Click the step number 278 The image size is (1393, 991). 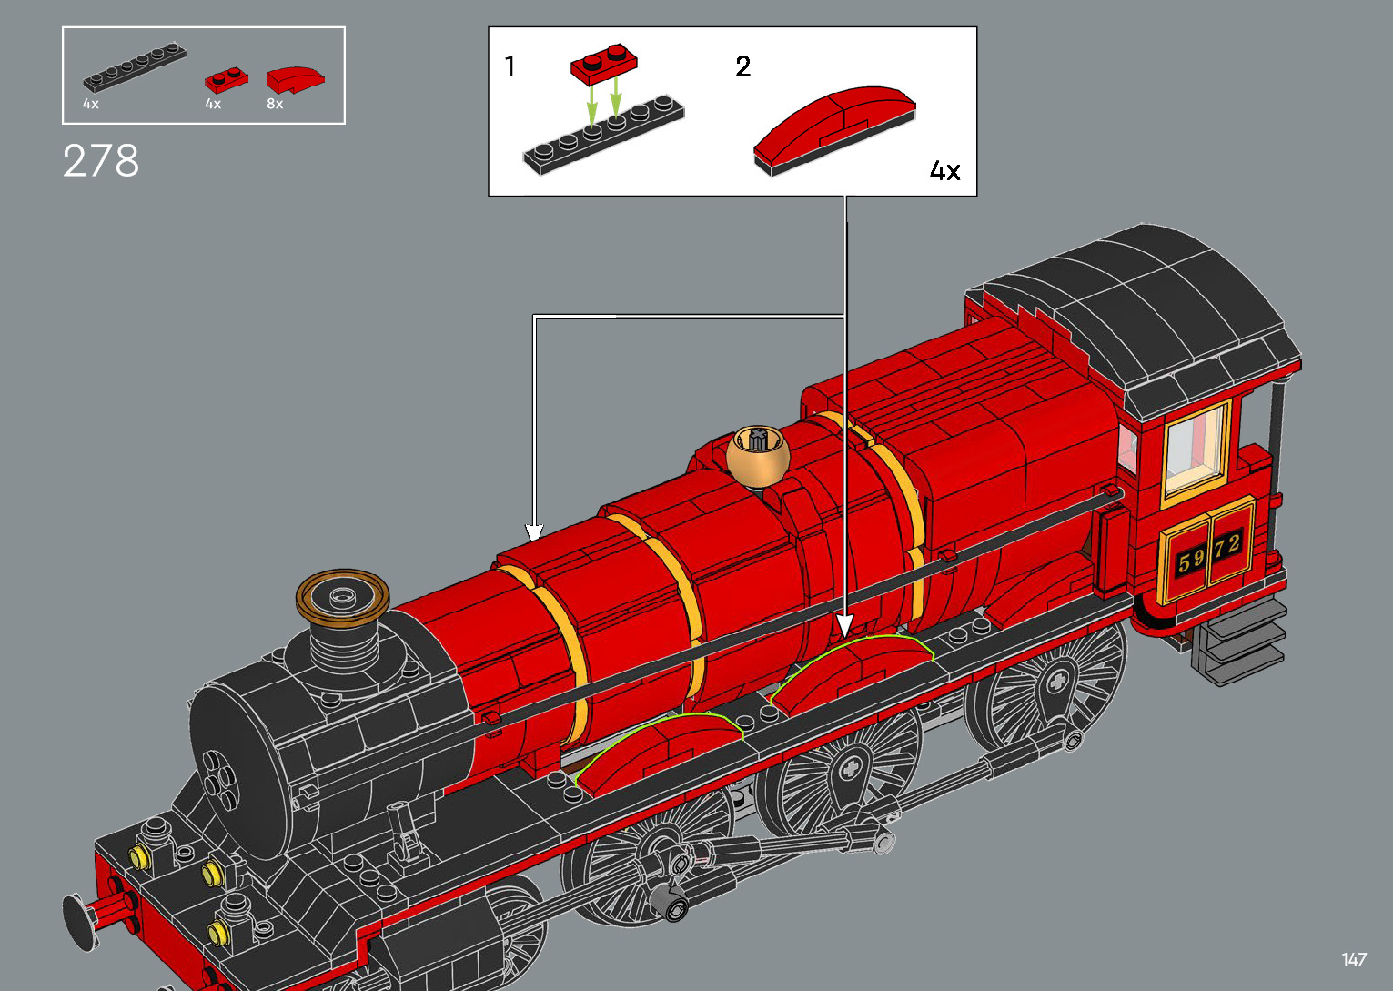point(101,161)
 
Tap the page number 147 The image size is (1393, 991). point(1353,959)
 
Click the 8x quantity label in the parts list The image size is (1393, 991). point(275,105)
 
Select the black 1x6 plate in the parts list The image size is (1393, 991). point(135,66)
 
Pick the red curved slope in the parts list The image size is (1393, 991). point(295,79)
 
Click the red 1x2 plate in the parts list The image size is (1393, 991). point(226,80)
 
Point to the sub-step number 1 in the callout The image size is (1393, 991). point(510,66)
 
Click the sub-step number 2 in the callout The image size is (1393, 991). point(743,66)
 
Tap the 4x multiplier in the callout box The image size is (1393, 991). point(944,171)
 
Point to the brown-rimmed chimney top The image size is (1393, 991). point(342,598)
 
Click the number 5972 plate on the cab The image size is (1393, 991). point(1208,553)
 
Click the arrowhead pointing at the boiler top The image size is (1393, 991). point(534,532)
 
